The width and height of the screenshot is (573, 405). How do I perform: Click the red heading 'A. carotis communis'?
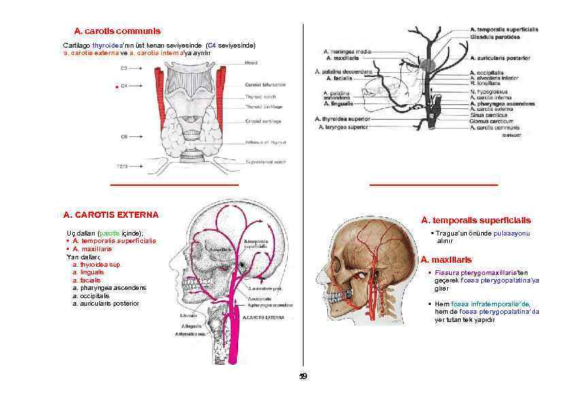(x=117, y=31)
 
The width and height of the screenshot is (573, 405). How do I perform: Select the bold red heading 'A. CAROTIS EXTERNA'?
(x=111, y=214)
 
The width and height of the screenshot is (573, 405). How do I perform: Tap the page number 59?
(x=304, y=376)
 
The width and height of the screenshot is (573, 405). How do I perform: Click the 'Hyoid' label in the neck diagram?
(x=251, y=63)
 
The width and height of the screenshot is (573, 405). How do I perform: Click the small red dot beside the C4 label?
(x=116, y=87)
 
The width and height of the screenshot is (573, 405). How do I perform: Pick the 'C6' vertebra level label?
(x=124, y=136)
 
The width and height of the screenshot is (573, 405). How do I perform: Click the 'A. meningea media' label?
(x=348, y=52)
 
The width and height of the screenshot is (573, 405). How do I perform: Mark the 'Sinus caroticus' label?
(x=488, y=114)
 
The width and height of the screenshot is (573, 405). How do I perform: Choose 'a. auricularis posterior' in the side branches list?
(x=105, y=303)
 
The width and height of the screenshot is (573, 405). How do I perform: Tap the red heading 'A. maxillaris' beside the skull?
(x=446, y=260)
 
